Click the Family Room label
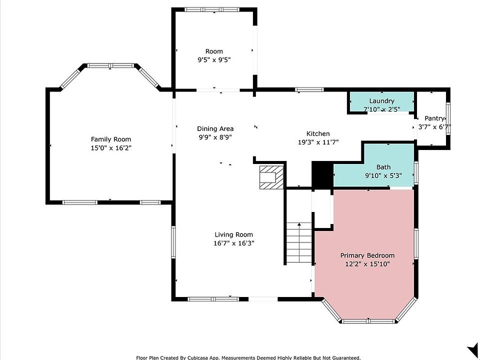click(x=111, y=139)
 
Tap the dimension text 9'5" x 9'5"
click(x=214, y=59)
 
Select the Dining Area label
click(x=215, y=128)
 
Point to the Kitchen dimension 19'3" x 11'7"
click(x=318, y=142)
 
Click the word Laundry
click(x=381, y=101)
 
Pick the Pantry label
click(x=434, y=118)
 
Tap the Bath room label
click(x=383, y=167)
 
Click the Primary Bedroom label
click(x=367, y=255)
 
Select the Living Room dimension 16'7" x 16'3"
click(x=234, y=243)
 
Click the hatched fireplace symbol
click(x=271, y=177)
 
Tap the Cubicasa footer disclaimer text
click(x=248, y=357)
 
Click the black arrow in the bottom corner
click(x=473, y=349)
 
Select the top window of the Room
click(x=212, y=9)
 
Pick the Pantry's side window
click(x=448, y=119)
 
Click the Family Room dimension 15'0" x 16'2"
click(x=111, y=148)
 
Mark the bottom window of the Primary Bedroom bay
click(x=368, y=321)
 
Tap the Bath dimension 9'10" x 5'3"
click(x=383, y=175)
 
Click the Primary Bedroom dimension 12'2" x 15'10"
click(x=367, y=264)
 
